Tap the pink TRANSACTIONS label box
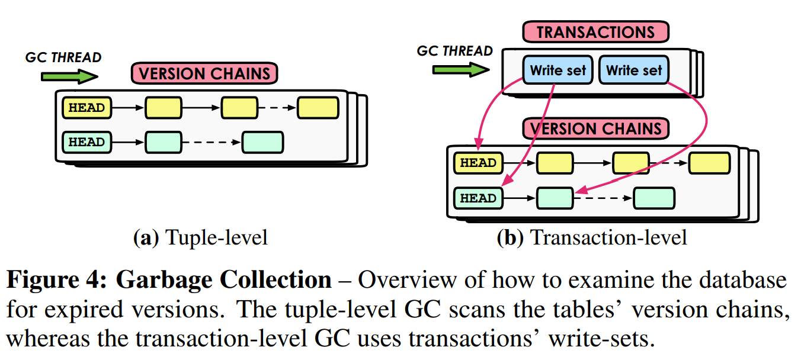(x=595, y=32)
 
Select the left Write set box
(x=558, y=70)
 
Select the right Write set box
(x=633, y=70)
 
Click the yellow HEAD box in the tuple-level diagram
(x=86, y=108)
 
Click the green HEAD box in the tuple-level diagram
(x=86, y=142)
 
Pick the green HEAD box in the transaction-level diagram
(x=478, y=198)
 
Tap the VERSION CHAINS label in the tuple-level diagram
(x=204, y=73)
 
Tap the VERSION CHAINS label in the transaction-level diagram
(x=595, y=128)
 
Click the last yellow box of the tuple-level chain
(x=318, y=108)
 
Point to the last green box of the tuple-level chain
(x=262, y=142)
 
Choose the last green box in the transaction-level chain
(x=653, y=198)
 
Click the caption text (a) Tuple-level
(x=200, y=237)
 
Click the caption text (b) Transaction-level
(x=591, y=237)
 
